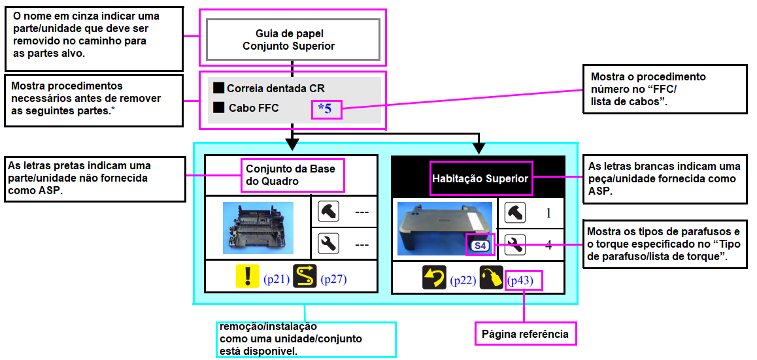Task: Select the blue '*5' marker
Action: pyautogui.click(x=325, y=109)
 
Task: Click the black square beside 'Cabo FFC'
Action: pyautogui.click(x=219, y=107)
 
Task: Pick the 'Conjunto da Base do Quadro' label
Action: pyautogui.click(x=291, y=174)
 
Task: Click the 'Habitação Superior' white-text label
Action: pyautogui.click(x=481, y=178)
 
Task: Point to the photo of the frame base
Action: pyautogui.click(x=258, y=228)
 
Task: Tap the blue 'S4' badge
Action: pyautogui.click(x=480, y=246)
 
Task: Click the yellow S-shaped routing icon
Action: pyautogui.click(x=305, y=277)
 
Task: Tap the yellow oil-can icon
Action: pyautogui.click(x=492, y=278)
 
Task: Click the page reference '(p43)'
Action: pyautogui.click(x=524, y=280)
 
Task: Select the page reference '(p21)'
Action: pyautogui.click(x=276, y=280)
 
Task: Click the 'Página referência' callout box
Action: pyautogui.click(x=525, y=334)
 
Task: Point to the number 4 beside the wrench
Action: pyautogui.click(x=548, y=245)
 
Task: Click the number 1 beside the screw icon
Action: pyautogui.click(x=548, y=212)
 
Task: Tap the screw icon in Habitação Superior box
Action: pyautogui.click(x=515, y=212)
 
